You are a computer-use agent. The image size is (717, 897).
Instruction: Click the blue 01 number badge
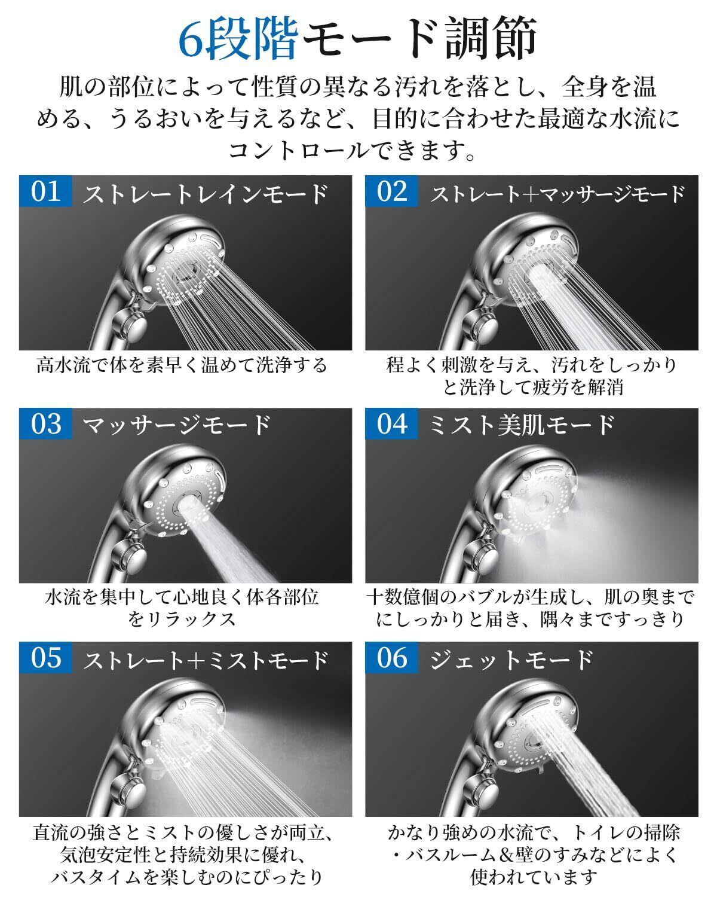pos(45,191)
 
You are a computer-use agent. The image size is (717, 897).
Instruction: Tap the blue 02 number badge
pos(391,191)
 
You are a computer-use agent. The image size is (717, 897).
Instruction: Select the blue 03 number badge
pos(45,424)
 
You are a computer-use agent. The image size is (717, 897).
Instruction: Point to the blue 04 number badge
pos(391,424)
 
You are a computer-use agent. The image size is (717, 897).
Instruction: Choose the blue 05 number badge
pos(45,657)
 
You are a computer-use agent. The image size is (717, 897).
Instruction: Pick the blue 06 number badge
pos(391,657)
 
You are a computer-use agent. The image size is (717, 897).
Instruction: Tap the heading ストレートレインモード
pos(205,194)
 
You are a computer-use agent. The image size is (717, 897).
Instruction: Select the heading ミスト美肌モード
pos(522,426)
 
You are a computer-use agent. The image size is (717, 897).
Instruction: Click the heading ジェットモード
pos(511,659)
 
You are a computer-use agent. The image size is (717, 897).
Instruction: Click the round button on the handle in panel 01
pos(131,324)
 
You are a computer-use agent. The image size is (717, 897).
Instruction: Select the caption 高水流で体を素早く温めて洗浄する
pos(182,365)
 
